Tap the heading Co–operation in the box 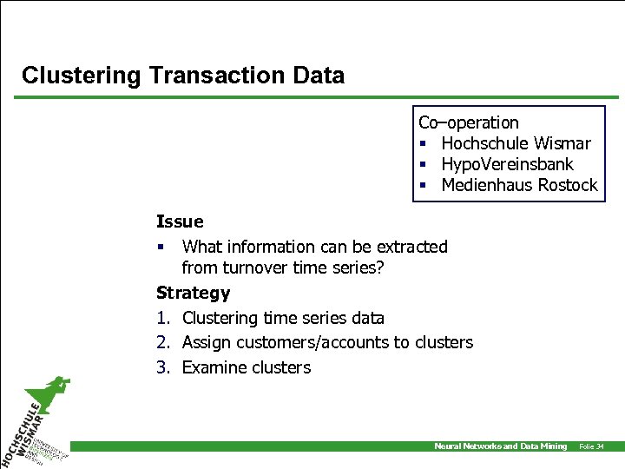pyautogui.click(x=469, y=122)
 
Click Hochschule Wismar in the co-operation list pyautogui.click(x=516, y=143)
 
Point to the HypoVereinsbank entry pyautogui.click(x=507, y=164)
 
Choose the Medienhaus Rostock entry pyautogui.click(x=519, y=185)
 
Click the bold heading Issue pyautogui.click(x=180, y=222)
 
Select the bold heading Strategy pyautogui.click(x=193, y=294)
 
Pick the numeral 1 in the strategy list pyautogui.click(x=162, y=319)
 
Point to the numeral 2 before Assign pyautogui.click(x=162, y=343)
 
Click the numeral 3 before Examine pyautogui.click(x=162, y=367)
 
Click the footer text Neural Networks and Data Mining pyautogui.click(x=500, y=446)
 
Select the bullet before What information pyautogui.click(x=161, y=248)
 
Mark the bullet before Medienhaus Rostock pyautogui.click(x=423, y=186)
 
